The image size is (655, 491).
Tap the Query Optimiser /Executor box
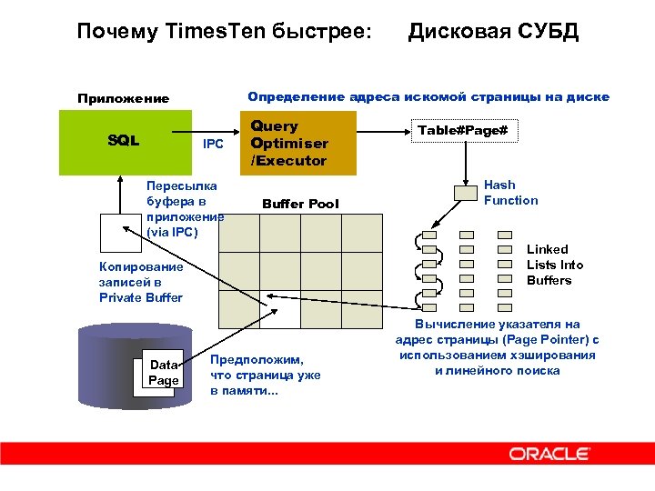pos(288,144)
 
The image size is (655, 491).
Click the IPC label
pos(213,144)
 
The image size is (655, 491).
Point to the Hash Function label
pos(510,193)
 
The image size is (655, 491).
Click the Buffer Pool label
pos(299,204)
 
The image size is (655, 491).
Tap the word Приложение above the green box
pos(123,98)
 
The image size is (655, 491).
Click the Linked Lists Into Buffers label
pos(555,265)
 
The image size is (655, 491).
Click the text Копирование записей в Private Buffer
pos(141,282)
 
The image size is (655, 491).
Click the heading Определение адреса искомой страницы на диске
pos(428,97)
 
